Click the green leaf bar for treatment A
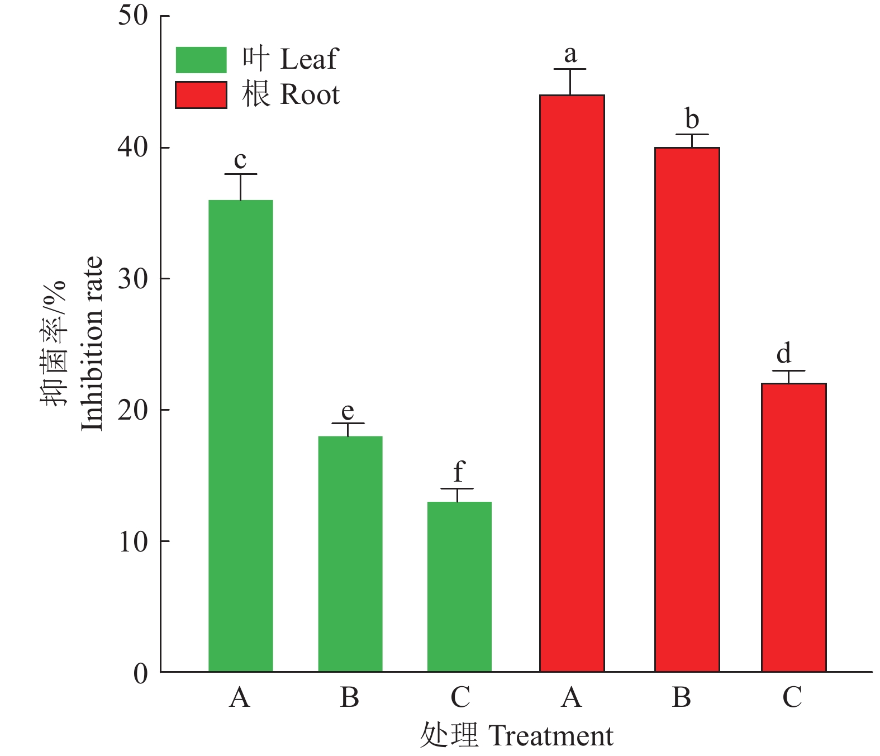240,436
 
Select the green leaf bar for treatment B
350,553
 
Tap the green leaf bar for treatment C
459,587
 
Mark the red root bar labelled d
793,527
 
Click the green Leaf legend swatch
201,60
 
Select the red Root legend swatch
201,94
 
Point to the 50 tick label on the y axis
133,15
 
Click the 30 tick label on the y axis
133,278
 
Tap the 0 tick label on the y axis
140,673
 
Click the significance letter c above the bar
240,160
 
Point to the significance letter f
459,472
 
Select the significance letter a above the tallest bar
570,55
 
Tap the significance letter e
348,411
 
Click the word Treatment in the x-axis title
551,736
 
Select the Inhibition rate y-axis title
92,344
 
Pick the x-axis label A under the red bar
572,697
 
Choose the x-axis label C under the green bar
460,697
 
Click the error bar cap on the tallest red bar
570,69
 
